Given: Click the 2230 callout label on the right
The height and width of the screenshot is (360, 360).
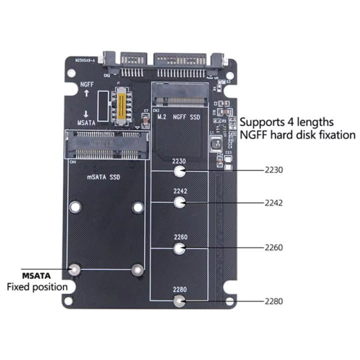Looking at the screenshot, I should (274, 170).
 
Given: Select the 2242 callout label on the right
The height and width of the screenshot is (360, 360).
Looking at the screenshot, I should (274, 203).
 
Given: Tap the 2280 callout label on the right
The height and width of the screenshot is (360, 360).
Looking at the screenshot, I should (274, 301).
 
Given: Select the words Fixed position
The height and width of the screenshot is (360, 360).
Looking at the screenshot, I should (36, 287).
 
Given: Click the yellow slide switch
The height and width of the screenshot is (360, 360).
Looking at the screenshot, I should (120, 105).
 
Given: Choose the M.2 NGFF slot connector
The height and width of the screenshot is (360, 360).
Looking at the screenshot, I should (180, 95).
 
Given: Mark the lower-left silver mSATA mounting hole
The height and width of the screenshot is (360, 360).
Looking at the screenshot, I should (74, 269).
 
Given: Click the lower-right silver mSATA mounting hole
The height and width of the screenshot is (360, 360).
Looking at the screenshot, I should (136, 269).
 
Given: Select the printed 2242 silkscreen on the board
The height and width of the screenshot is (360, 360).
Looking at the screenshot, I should (180, 191).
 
